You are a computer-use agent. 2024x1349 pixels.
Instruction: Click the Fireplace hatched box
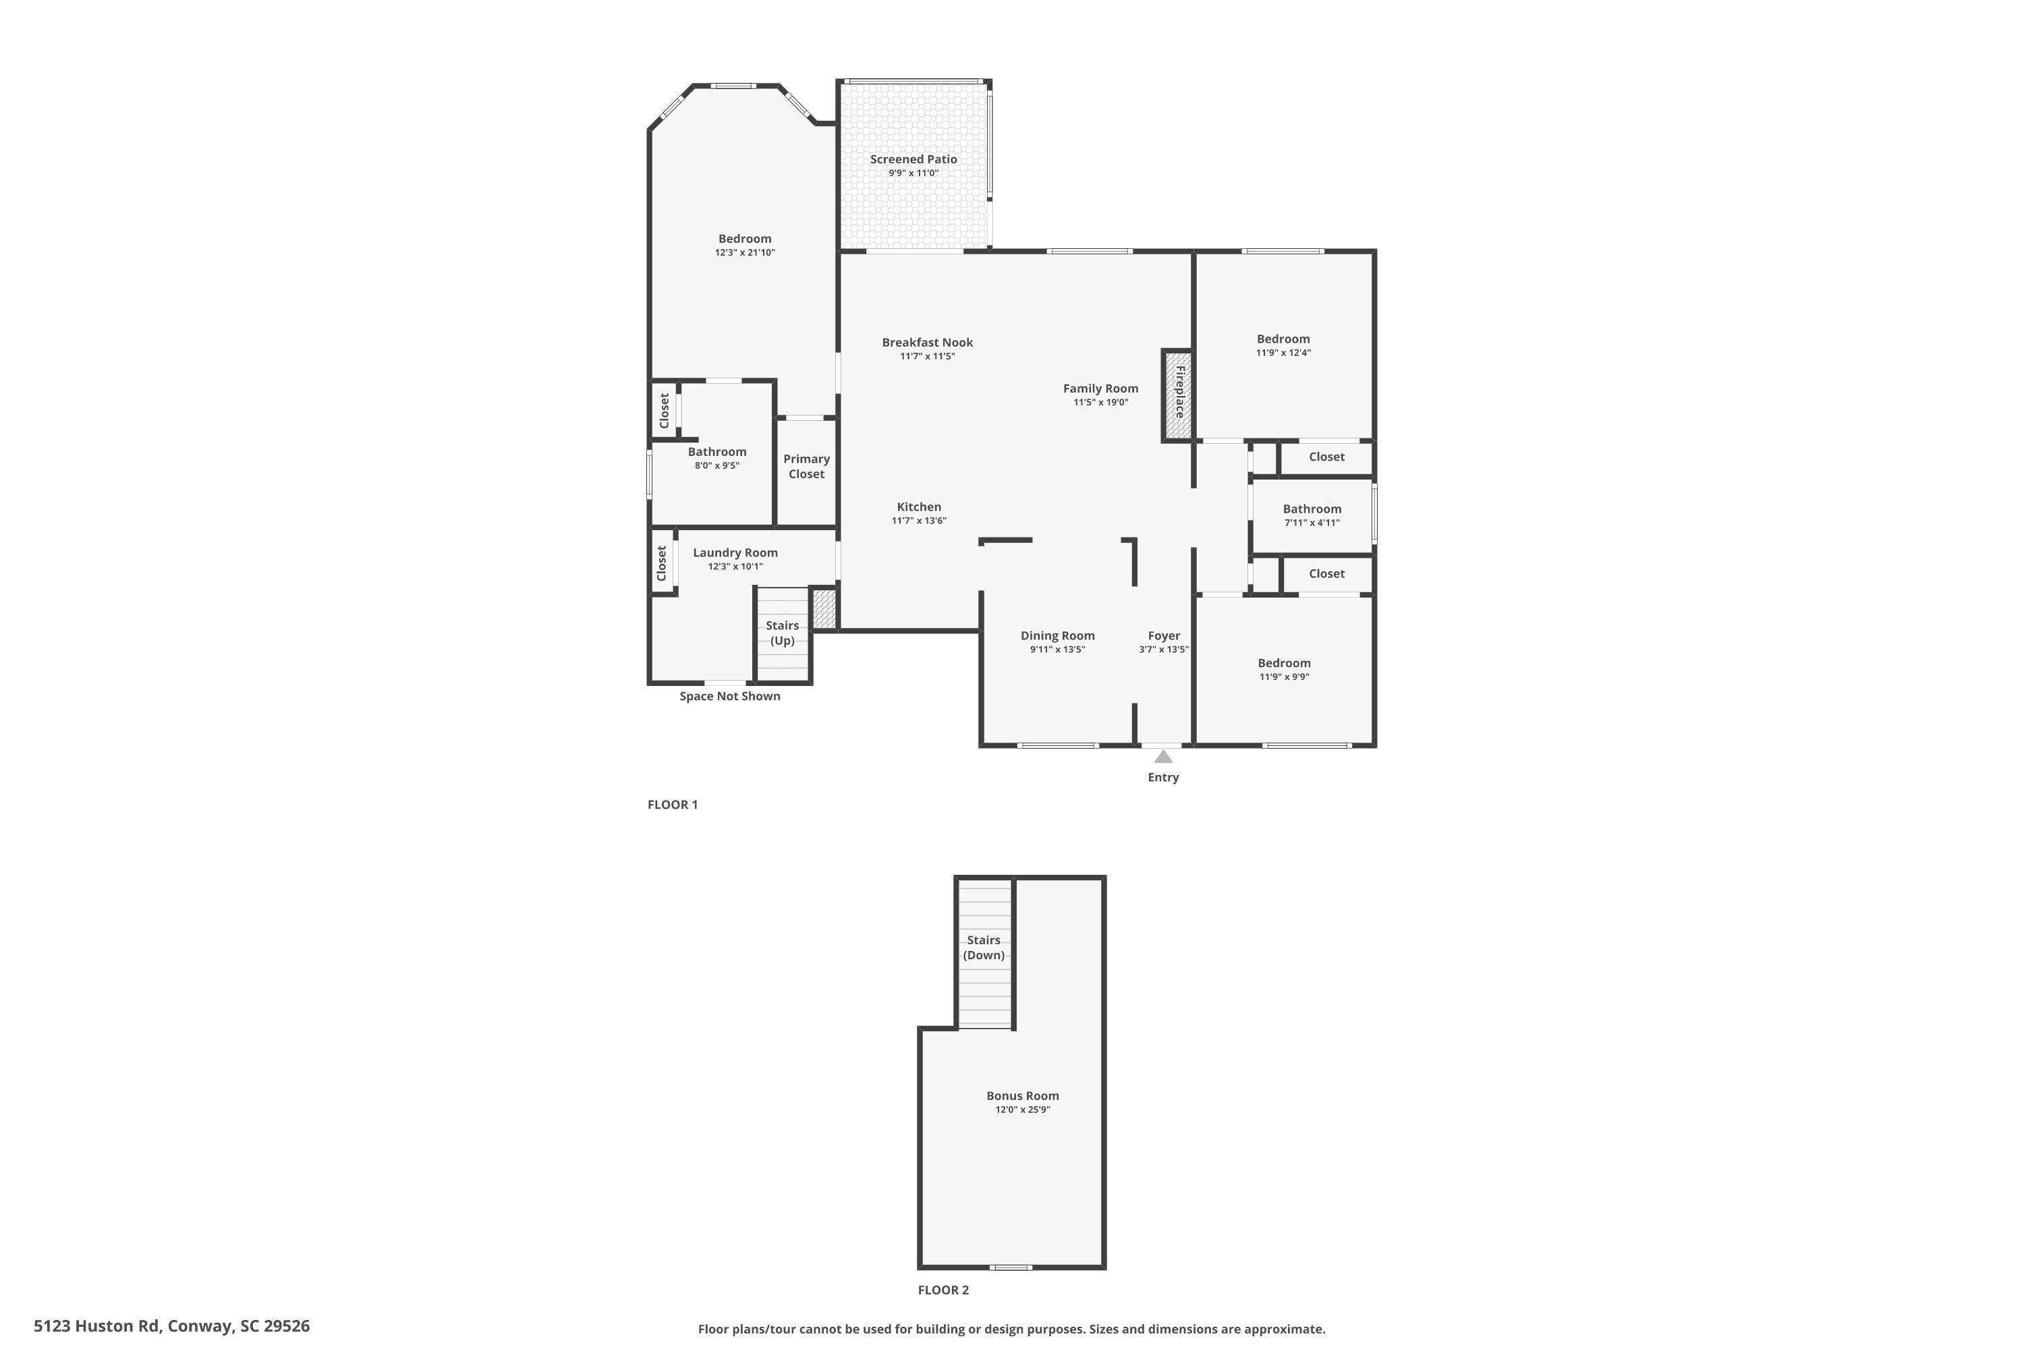click(1178, 396)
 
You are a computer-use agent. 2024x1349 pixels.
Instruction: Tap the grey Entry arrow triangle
click(1163, 756)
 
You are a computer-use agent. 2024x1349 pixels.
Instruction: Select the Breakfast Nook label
click(928, 343)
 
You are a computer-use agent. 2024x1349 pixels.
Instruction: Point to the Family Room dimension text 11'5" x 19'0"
click(1100, 403)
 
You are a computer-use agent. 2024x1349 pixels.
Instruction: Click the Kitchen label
click(919, 507)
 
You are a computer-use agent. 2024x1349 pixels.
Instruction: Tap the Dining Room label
click(1058, 636)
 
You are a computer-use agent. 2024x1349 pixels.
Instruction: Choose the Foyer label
click(1163, 636)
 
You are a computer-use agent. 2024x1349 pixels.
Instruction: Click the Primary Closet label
click(806, 466)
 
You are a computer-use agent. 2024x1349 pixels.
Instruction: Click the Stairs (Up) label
click(782, 633)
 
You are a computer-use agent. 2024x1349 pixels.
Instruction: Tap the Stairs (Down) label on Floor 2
click(984, 947)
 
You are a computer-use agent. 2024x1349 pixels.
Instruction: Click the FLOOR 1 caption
click(673, 805)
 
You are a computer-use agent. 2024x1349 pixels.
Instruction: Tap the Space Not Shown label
click(730, 696)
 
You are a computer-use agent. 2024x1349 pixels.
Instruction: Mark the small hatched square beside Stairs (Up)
click(824, 608)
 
